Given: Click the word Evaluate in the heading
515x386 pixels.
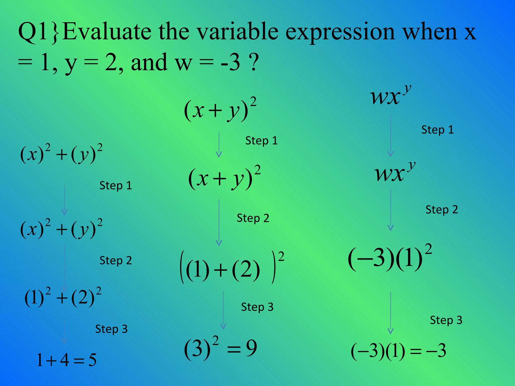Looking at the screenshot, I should (x=107, y=32).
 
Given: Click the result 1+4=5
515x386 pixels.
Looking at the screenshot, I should (x=66, y=360).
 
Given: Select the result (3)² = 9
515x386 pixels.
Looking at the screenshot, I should (x=220, y=348).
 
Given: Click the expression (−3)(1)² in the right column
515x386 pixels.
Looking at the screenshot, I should (x=390, y=258).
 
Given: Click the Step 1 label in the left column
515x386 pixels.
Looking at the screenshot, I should (x=116, y=186).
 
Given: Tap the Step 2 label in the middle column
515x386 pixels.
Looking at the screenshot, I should (x=253, y=218).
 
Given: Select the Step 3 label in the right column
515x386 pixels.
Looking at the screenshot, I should (x=446, y=320).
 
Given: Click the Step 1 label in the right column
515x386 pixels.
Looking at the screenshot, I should (x=438, y=130).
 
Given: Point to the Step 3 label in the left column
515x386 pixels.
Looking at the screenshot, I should (x=111, y=329).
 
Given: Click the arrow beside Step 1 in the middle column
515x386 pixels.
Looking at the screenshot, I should (x=219, y=144).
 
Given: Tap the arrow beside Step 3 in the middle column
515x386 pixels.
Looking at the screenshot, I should (x=223, y=310).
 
